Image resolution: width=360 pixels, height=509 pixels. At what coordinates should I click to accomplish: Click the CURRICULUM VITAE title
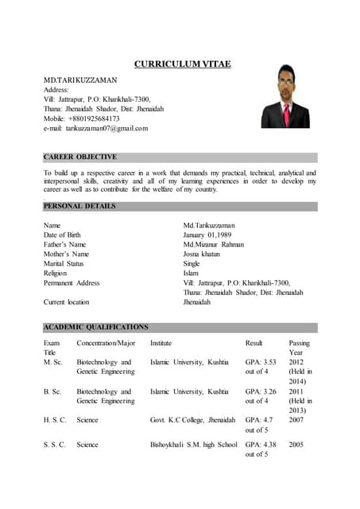coord(182,64)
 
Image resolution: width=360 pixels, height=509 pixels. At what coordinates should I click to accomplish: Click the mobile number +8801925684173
coord(94,119)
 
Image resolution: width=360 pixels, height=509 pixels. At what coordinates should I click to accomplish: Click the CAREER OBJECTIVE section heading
coord(79,157)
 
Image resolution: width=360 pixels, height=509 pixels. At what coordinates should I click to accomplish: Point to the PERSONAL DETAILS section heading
coord(79,207)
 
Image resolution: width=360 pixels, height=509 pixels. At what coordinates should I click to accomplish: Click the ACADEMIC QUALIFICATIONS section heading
coord(95,327)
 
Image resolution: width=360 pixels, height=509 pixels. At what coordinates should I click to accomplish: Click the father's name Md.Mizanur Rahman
coord(214,245)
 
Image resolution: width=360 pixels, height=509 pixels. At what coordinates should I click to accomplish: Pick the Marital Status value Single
coord(192,264)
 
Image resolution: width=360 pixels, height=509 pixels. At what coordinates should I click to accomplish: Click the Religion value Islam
coord(191,274)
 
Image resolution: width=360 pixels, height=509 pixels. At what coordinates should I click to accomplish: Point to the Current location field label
coord(66,302)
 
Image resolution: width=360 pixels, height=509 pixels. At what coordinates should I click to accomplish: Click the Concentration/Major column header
coord(106,344)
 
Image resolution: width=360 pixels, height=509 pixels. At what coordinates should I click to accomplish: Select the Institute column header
coord(161,344)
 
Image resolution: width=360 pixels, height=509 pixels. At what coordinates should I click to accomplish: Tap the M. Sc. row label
coord(53,362)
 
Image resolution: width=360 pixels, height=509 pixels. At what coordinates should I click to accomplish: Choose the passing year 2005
coord(296,445)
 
